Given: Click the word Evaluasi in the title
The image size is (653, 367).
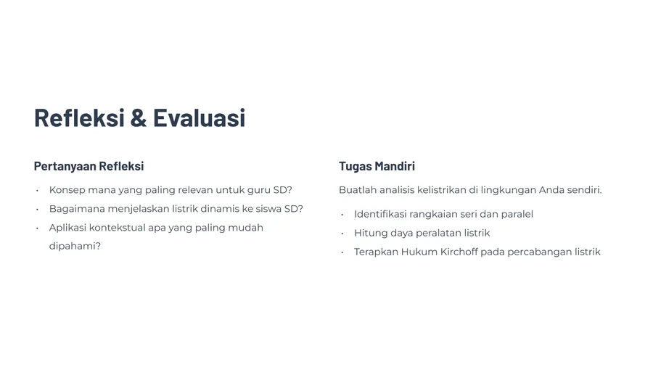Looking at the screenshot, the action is pos(200,117).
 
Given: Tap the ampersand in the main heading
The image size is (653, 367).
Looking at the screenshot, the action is pos(139,117).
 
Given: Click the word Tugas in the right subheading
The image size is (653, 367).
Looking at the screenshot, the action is pos(356,166).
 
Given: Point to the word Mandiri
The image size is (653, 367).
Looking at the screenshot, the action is pos(395,166).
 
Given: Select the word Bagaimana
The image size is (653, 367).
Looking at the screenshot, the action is pos(77,209).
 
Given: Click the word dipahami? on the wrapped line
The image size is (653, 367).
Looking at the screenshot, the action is pos(75,247).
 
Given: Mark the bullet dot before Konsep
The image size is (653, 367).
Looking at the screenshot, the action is pos(38,191).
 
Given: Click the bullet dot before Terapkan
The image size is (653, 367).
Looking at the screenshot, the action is pos(342,252).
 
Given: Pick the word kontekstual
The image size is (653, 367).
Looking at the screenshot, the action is pos(118,228).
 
